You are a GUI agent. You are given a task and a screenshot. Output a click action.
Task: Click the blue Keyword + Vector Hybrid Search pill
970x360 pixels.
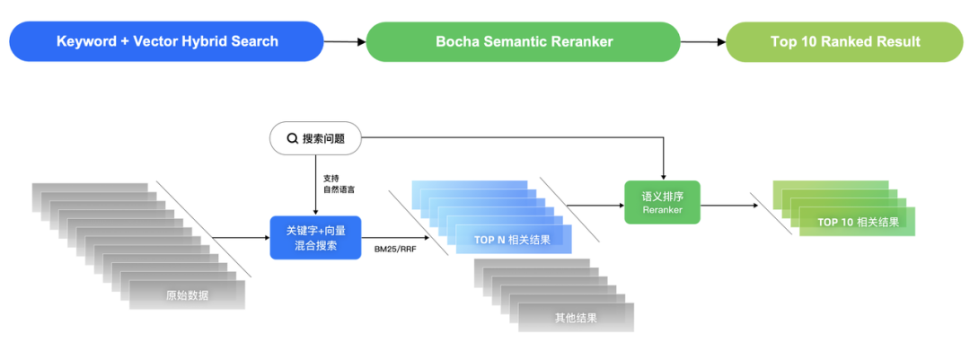point(167,41)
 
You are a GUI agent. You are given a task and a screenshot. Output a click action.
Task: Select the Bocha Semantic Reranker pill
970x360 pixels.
point(523,41)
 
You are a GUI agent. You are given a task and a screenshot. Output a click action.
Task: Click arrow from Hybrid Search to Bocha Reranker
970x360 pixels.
point(345,41)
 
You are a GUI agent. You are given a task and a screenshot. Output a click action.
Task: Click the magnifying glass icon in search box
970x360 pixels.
point(292,138)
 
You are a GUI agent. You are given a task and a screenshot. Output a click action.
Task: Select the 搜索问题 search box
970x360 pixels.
point(315,138)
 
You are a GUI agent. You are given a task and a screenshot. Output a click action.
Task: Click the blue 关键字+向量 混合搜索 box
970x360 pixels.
point(314,238)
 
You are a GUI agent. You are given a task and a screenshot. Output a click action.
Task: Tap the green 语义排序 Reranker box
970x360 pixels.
point(662,202)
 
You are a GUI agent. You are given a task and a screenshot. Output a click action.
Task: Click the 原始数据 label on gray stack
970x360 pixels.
point(187,294)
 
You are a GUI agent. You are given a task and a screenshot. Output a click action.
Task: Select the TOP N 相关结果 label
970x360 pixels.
point(512,240)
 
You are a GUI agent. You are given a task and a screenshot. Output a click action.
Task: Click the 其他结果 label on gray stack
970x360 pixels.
point(576,317)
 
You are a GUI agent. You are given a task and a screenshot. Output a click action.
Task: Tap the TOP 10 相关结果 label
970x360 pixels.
point(858,222)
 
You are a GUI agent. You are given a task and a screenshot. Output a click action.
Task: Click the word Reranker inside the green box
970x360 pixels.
point(662,210)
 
